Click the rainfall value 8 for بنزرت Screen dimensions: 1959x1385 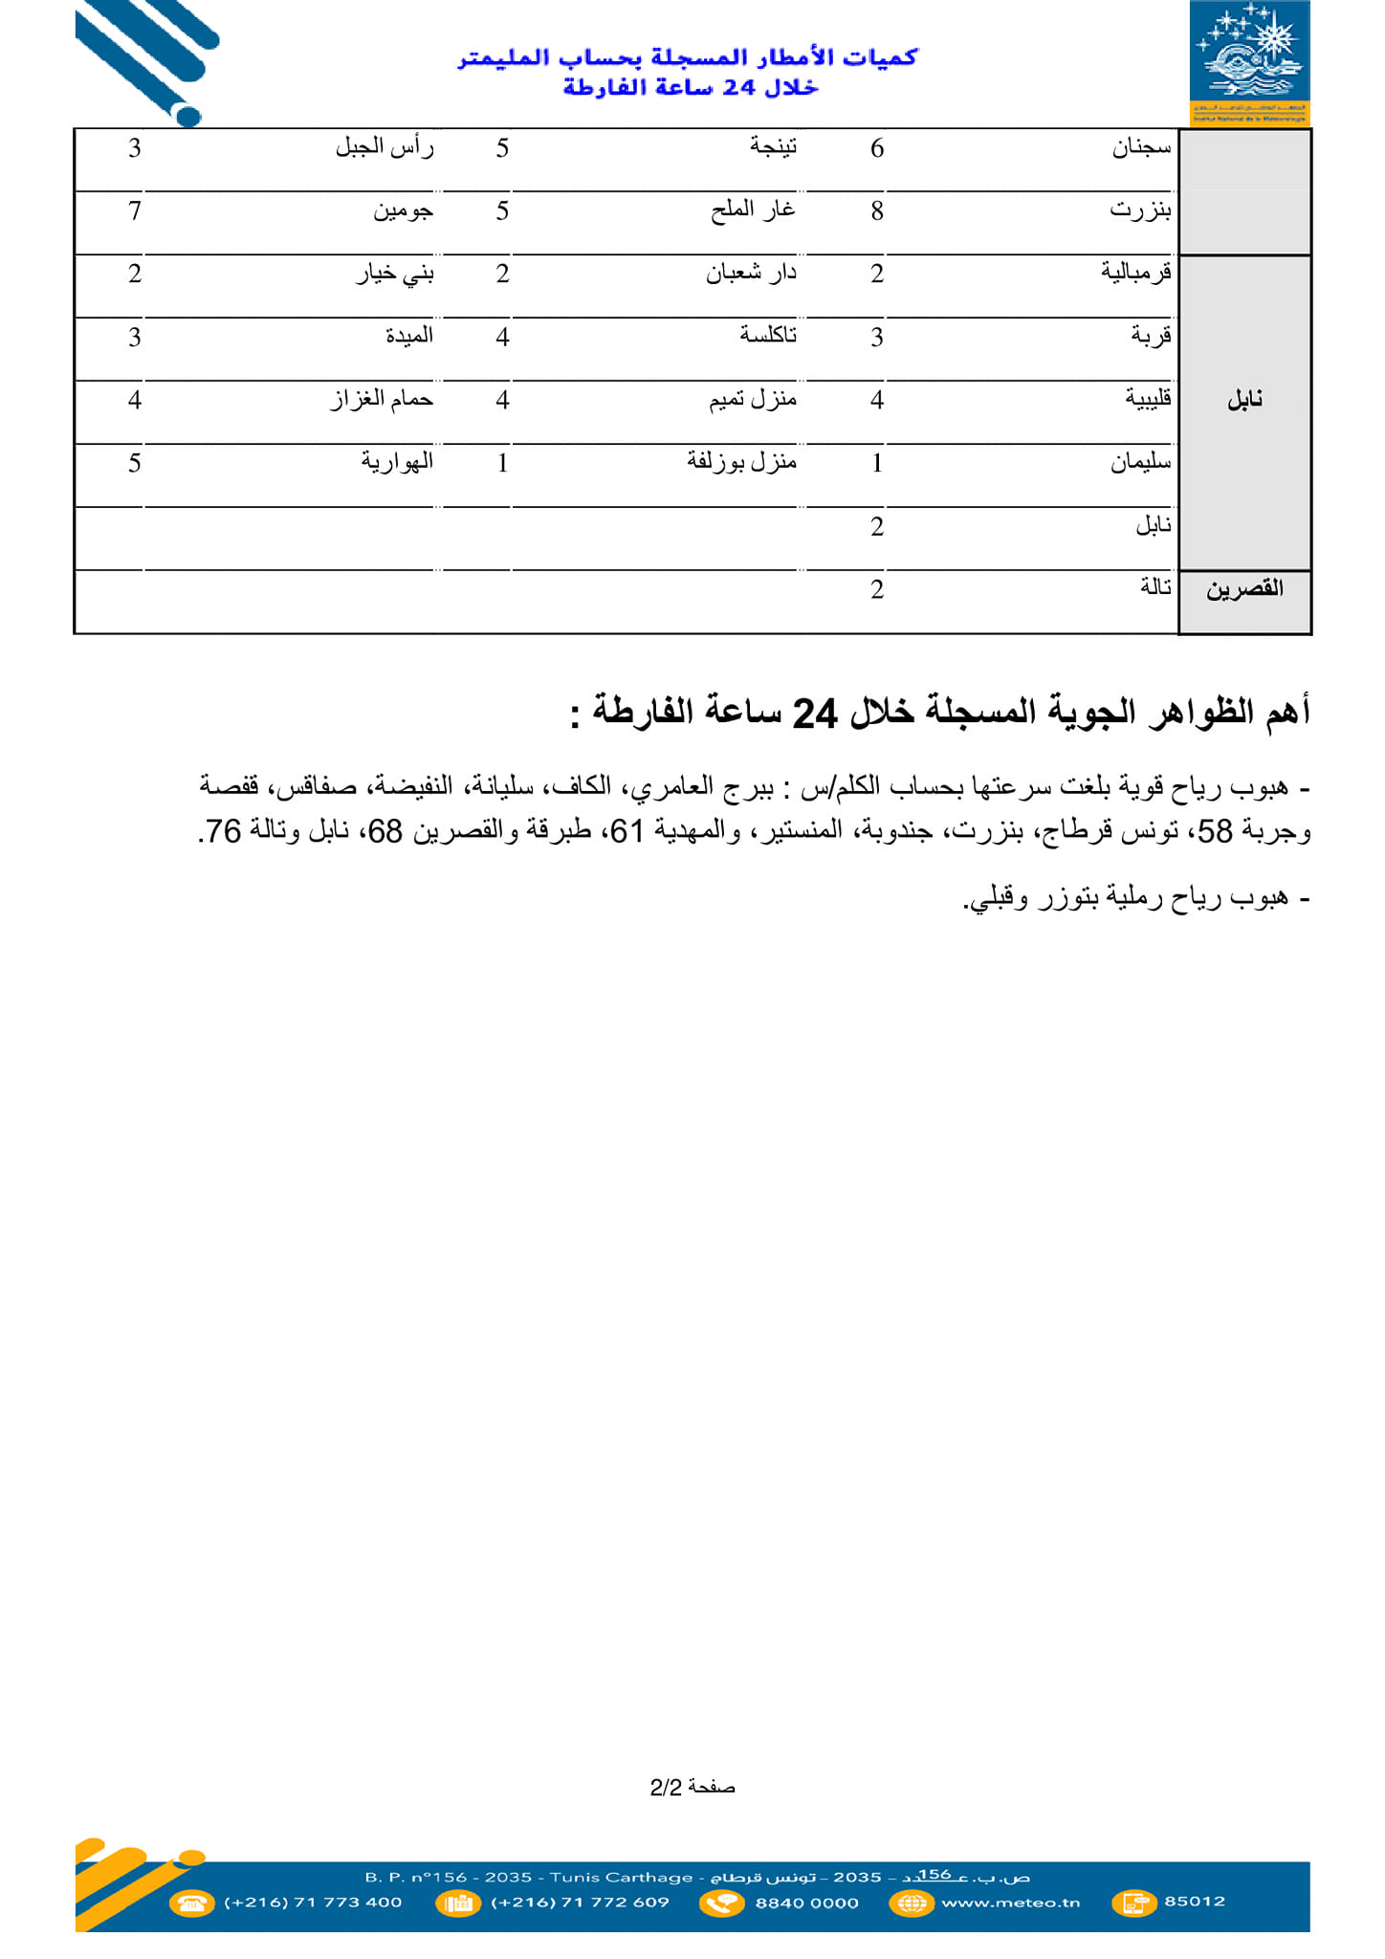pos(876,211)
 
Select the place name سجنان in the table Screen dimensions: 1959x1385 pos(1141,147)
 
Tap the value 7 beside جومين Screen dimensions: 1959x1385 pos(135,211)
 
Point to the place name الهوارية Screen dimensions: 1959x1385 pos(397,462)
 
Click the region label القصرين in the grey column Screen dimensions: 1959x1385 pos(1244,589)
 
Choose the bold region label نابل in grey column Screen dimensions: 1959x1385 pos(1244,400)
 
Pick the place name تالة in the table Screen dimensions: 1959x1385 pos(1155,587)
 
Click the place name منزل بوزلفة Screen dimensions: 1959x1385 pos(741,462)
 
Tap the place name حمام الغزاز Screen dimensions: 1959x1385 pos(382,399)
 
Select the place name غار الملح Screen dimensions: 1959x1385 pos(753,210)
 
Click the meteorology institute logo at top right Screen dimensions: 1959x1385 pos(1249,63)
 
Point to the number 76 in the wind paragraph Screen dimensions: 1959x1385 pos(223,831)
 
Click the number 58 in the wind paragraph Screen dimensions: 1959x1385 pos(1215,831)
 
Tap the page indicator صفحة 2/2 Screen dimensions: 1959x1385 pos(692,1787)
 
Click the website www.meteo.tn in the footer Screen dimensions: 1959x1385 pos(1010,1903)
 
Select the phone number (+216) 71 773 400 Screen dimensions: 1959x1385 pos(313,1903)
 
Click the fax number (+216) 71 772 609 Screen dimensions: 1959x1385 pos(580,1903)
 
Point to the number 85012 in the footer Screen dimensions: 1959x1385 pos(1195,1901)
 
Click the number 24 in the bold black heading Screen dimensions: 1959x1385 pos(815,714)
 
